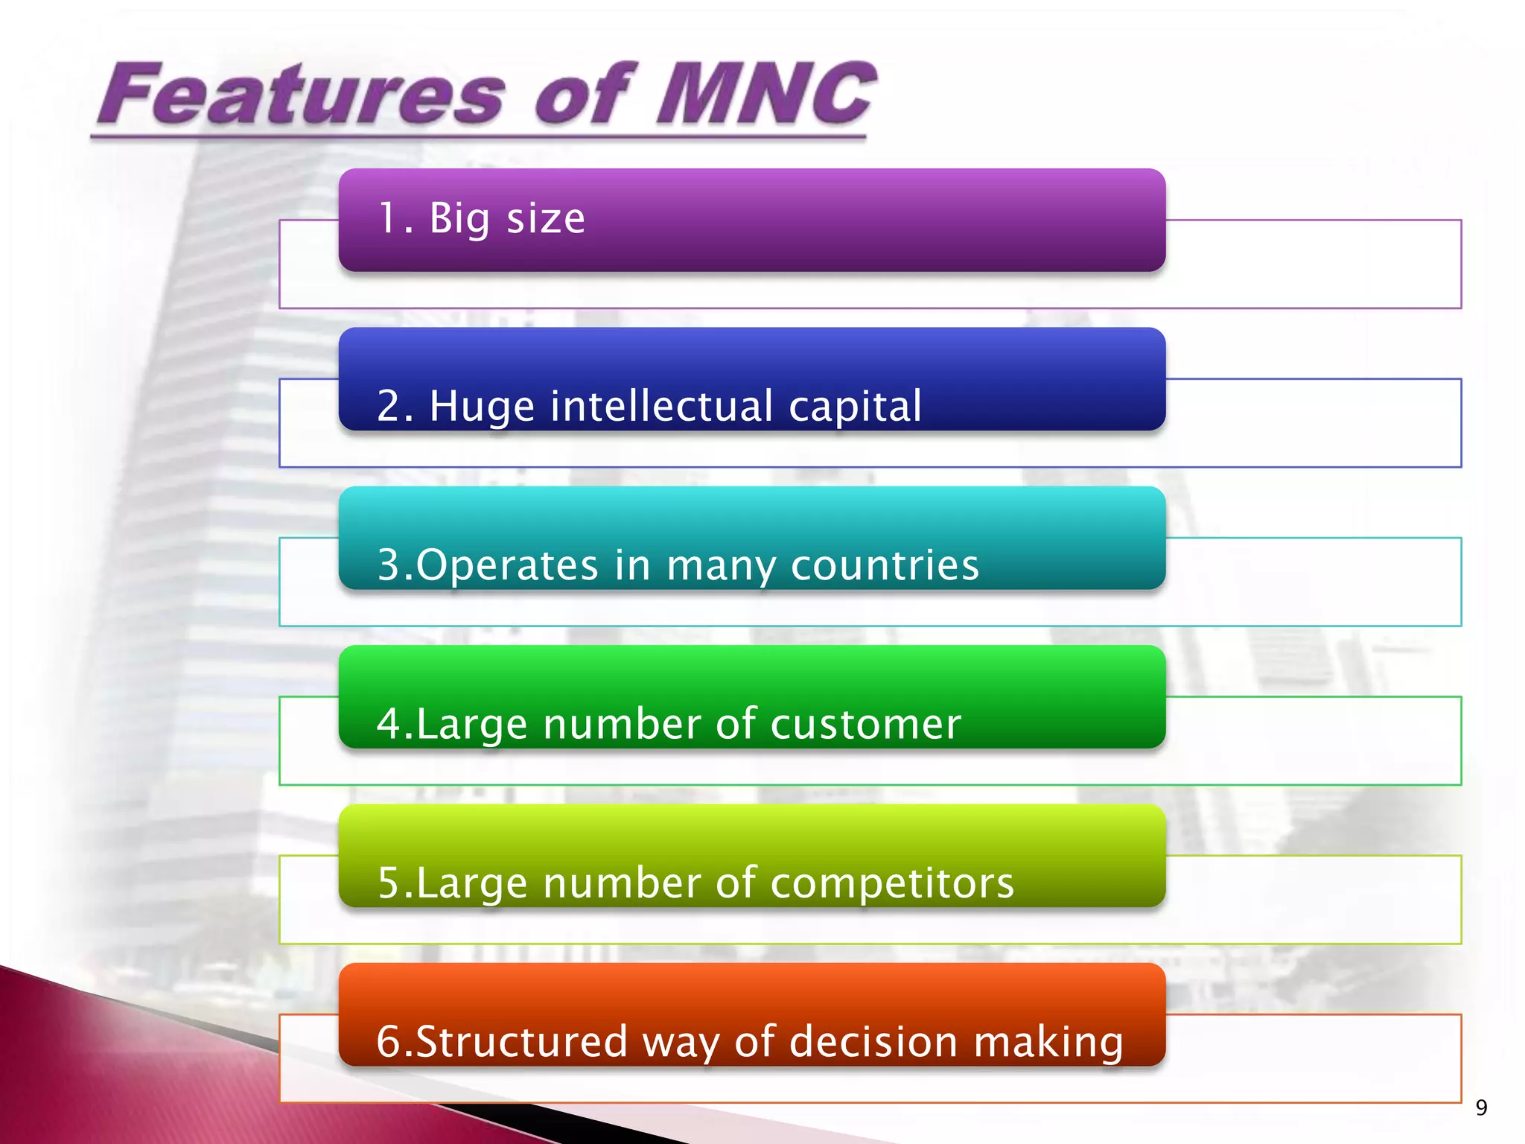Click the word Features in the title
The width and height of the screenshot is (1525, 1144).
pyautogui.click(x=302, y=95)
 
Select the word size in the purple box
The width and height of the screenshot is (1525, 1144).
pyautogui.click(x=546, y=219)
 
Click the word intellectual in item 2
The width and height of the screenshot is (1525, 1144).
pyautogui.click(x=661, y=407)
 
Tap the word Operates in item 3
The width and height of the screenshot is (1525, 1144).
pyautogui.click(x=507, y=565)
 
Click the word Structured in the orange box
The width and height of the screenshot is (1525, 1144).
pyautogui.click(x=521, y=1041)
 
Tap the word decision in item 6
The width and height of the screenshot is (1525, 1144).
pyautogui.click(x=873, y=1041)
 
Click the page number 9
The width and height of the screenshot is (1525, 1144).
pyautogui.click(x=1481, y=1108)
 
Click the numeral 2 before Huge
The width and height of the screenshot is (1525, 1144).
pyautogui.click(x=389, y=407)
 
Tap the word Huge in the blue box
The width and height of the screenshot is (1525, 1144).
pyautogui.click(x=482, y=408)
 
